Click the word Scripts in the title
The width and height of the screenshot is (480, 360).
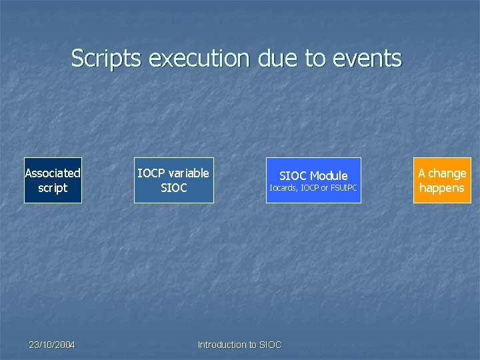point(107,59)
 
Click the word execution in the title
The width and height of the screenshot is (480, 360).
point(197,59)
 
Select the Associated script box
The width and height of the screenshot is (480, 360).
point(53,180)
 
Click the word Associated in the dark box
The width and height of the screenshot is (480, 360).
point(53,173)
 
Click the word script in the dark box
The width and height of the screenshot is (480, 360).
point(53,188)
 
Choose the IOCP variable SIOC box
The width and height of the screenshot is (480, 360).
point(173,180)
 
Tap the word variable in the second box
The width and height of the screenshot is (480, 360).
point(187,173)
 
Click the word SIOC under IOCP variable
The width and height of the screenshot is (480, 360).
point(174,188)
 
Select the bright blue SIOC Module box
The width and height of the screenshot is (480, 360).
point(313,180)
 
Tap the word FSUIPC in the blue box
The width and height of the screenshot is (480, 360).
point(344,188)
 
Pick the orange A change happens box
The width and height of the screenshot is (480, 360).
point(442,180)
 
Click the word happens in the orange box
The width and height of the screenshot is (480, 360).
point(442,188)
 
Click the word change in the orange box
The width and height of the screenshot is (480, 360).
point(447,173)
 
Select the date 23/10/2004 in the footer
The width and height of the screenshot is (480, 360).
point(52,345)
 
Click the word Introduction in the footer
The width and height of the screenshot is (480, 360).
point(222,345)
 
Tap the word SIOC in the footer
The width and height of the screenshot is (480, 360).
point(270,345)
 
